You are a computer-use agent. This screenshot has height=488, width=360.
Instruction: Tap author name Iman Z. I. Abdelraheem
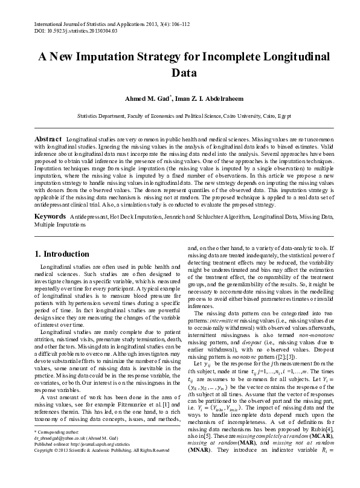(x=205, y=98)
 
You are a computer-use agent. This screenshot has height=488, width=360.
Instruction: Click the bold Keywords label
(x=50, y=215)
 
